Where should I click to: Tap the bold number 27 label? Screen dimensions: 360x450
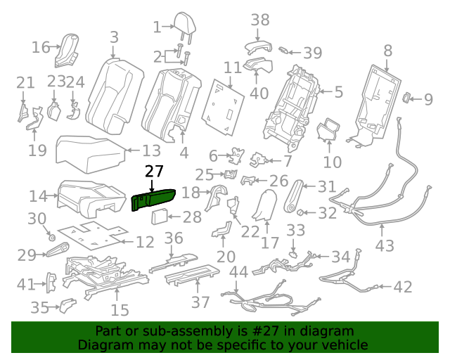point(154,172)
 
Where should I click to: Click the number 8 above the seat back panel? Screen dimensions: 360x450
point(387,50)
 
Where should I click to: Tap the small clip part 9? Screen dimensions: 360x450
point(407,98)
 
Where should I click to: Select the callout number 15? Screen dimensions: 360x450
point(120,309)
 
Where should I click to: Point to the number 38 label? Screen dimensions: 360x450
point(260,20)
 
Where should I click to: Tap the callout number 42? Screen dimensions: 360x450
point(402,286)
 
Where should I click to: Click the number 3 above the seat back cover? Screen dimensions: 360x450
point(114,37)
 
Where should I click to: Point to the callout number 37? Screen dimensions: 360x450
point(201,302)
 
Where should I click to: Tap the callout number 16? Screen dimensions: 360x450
point(41,47)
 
